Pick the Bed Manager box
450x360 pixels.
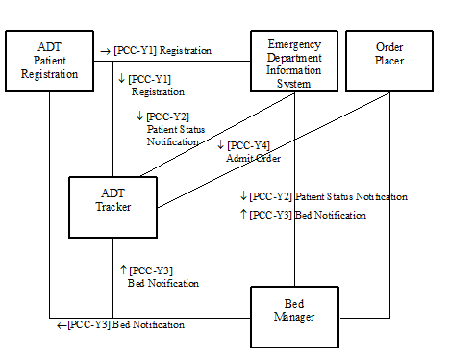coord(293,315)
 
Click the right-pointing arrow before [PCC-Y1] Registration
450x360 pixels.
coord(105,50)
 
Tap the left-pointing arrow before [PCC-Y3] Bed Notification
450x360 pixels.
coord(62,325)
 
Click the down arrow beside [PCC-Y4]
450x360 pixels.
coord(220,145)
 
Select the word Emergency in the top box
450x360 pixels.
coord(293,45)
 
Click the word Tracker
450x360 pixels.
coord(112,206)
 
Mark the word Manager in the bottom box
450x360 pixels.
coord(293,316)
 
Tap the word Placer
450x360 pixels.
coord(389,61)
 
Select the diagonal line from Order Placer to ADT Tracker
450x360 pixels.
coord(279,148)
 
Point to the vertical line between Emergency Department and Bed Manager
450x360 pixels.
coord(293,241)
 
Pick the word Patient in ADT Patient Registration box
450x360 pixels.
coord(49,61)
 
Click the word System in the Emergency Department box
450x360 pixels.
coord(293,84)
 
